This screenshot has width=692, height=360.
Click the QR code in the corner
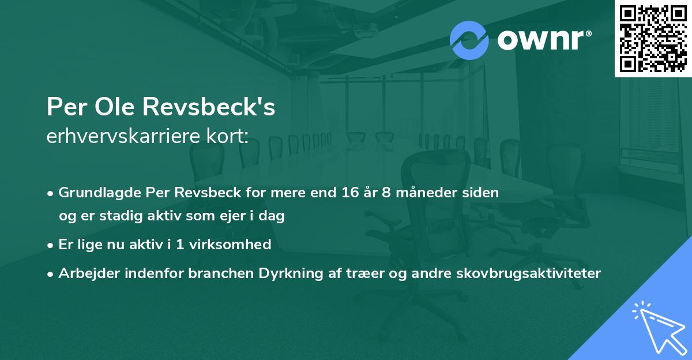tap(653, 38)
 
